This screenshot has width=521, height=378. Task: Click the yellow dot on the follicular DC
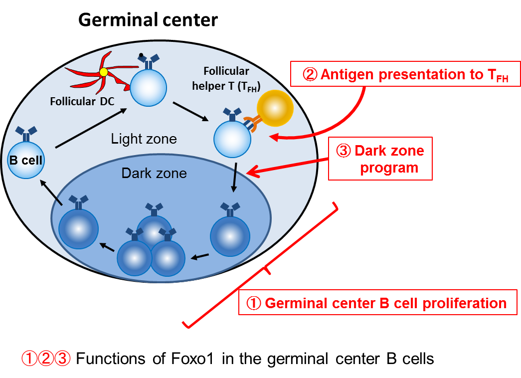[x=104, y=72]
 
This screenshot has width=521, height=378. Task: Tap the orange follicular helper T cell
[x=275, y=108]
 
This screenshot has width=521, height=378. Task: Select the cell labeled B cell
[x=26, y=160]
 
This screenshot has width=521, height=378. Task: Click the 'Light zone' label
[x=144, y=139]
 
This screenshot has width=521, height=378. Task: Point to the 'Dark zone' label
[x=154, y=173]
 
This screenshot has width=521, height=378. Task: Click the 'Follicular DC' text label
[x=82, y=102]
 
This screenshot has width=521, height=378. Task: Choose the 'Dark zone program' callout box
[x=380, y=159]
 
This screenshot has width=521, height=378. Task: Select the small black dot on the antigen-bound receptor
[x=141, y=55]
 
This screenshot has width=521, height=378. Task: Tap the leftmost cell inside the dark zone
[x=78, y=228]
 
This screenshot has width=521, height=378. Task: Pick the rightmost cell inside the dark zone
[x=230, y=235]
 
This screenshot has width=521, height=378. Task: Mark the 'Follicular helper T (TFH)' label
[x=226, y=79]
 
